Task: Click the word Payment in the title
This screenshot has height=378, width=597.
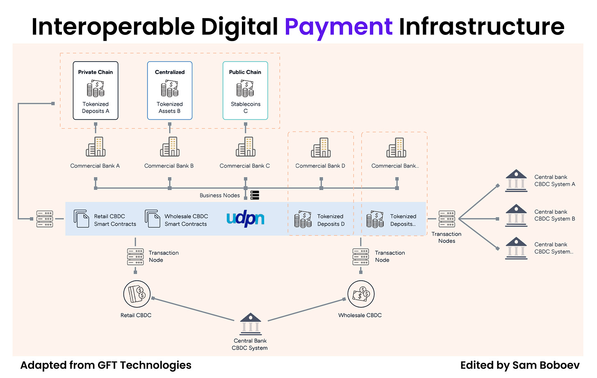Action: pos(338,27)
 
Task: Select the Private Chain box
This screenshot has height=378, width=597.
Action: pos(96,91)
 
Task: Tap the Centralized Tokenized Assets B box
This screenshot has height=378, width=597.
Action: pos(170,91)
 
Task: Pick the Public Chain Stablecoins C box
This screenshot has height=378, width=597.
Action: pos(245,91)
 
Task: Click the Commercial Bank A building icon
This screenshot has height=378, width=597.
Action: pos(96,147)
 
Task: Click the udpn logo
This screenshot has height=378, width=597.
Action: pos(245,219)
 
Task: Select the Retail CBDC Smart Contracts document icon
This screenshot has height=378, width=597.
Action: pos(81,219)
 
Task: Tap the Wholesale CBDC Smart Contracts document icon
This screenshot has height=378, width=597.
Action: pos(153,219)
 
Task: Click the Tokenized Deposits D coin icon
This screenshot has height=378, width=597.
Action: pos(303,219)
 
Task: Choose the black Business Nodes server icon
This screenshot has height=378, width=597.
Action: pos(255,195)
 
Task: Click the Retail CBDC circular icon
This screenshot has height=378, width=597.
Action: pos(137,294)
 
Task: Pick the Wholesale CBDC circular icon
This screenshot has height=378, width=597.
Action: pos(361,294)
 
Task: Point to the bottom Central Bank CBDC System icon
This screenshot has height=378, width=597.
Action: pos(250,324)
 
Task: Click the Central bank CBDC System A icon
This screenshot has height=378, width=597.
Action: pos(516,180)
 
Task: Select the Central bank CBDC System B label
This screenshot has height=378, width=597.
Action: pos(554,215)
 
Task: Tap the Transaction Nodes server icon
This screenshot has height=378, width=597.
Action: pos(447,219)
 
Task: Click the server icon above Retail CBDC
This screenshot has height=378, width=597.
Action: pos(135,257)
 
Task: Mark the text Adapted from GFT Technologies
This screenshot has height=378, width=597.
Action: pos(106,365)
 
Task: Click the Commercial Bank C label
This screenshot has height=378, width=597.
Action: pos(245,166)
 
